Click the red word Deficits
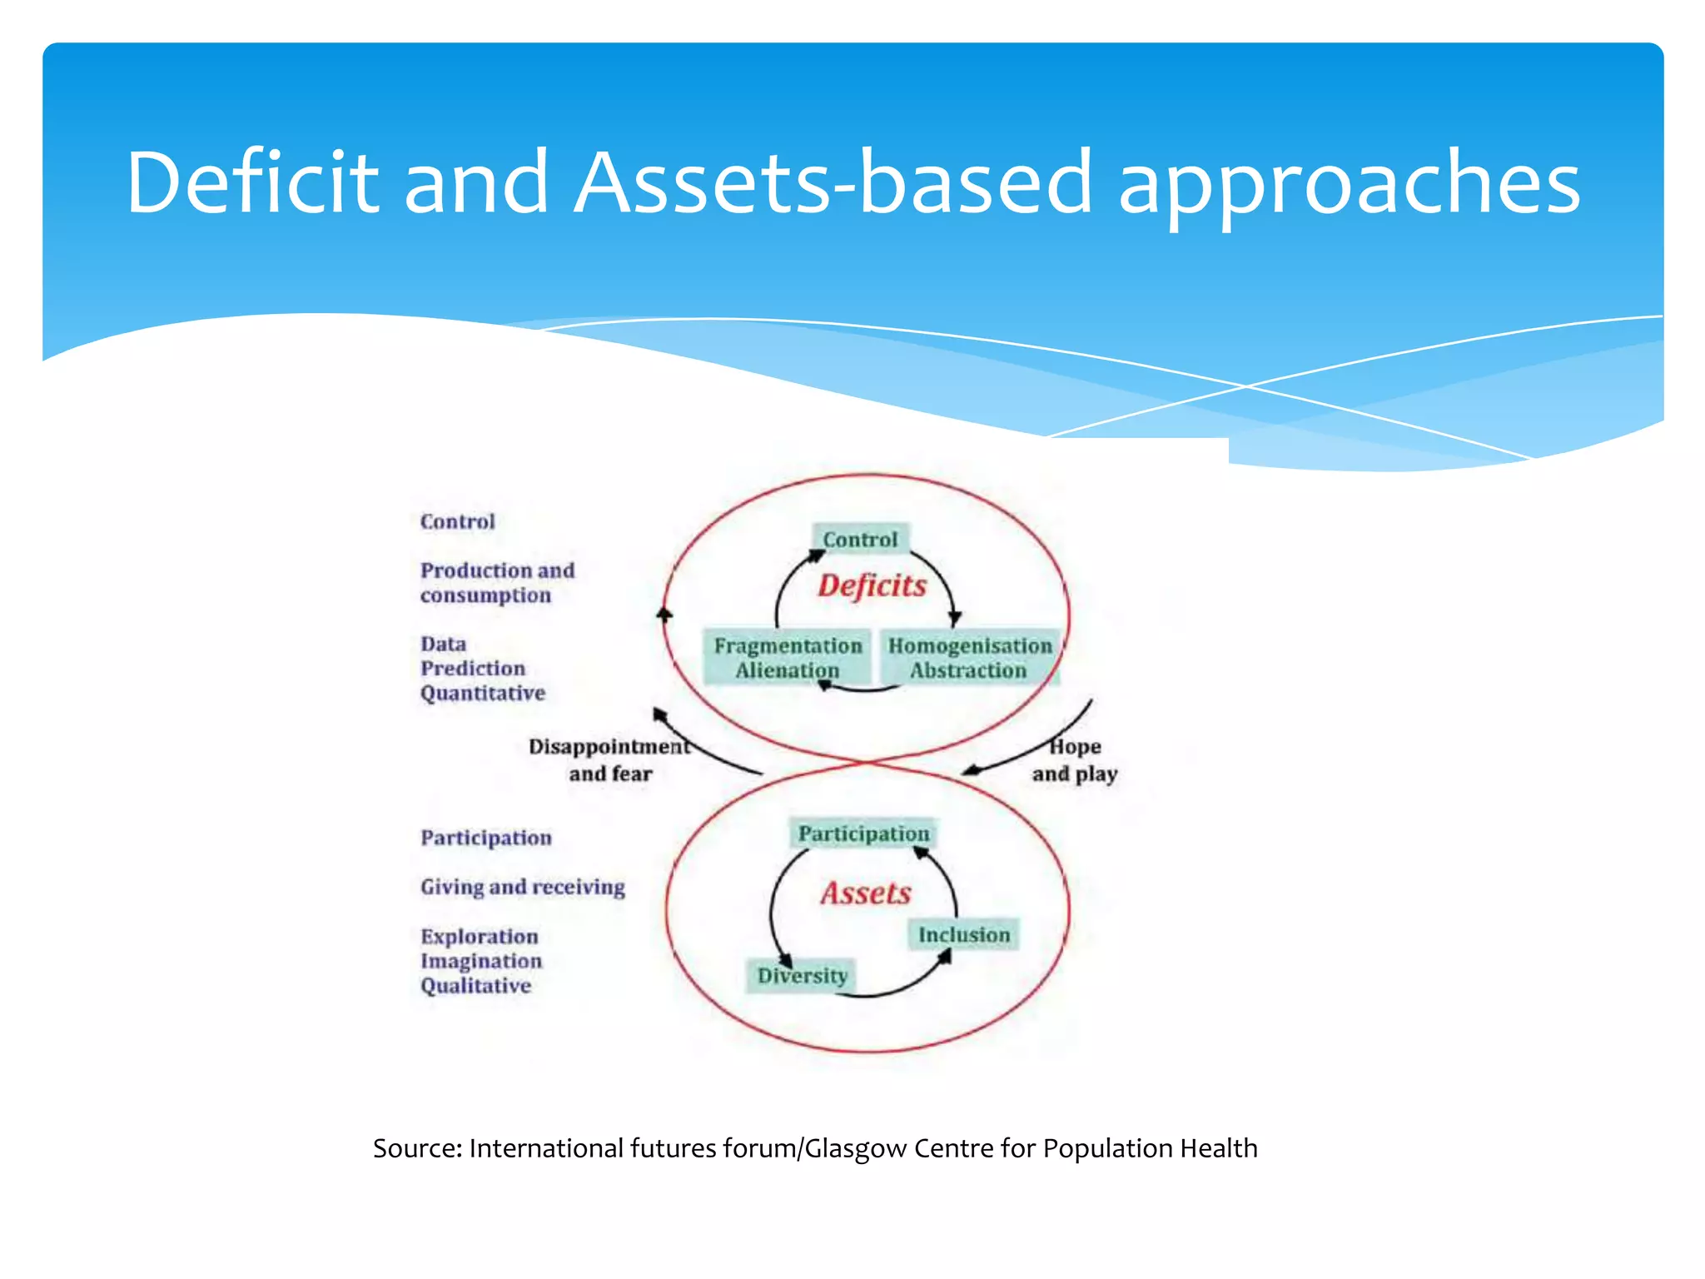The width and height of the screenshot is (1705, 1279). [x=872, y=585]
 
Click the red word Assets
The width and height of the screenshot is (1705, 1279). [x=866, y=893]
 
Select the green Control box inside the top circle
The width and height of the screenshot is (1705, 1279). [x=860, y=540]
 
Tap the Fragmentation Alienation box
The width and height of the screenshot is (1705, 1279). [x=788, y=658]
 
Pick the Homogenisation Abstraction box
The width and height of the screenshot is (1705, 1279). [x=969, y=658]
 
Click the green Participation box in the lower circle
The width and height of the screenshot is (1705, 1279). [x=863, y=834]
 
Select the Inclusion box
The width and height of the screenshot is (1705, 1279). [x=963, y=935]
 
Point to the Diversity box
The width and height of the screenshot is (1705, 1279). [x=802, y=975]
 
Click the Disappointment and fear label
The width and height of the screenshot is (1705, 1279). [x=609, y=759]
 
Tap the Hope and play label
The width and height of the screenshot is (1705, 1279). [x=1074, y=760]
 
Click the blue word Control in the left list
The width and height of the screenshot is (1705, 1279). [x=457, y=522]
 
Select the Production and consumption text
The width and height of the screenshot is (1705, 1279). [x=497, y=583]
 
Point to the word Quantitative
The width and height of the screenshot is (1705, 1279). [x=482, y=694]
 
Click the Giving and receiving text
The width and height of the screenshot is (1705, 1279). [x=522, y=887]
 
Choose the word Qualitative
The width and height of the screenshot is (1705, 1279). [x=475, y=986]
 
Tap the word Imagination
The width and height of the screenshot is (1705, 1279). [x=480, y=961]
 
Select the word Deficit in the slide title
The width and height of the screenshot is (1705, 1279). [x=251, y=182]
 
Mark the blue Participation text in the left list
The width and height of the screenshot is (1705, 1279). [x=485, y=838]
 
